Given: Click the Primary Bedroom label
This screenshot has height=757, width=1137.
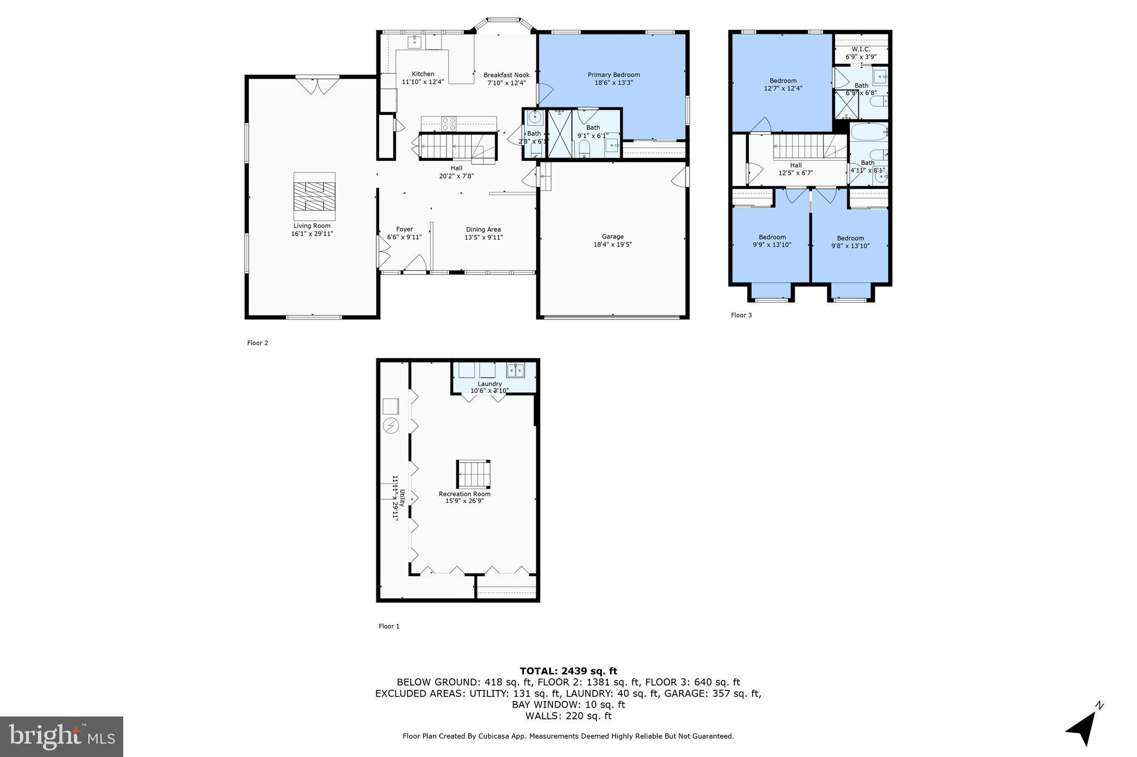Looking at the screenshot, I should pyautogui.click(x=613, y=75).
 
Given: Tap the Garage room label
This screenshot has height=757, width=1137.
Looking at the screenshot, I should pyautogui.click(x=612, y=236).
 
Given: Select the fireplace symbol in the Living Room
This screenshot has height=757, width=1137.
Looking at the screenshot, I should pyautogui.click(x=314, y=196).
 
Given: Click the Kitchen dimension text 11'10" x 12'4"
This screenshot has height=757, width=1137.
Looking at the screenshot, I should pyautogui.click(x=422, y=82).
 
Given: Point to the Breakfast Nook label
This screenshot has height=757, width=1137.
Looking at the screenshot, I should pyautogui.click(x=506, y=75).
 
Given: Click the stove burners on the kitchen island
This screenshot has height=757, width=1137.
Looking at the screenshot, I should pyautogui.click(x=449, y=124).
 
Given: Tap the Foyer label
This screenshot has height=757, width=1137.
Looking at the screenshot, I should pyautogui.click(x=404, y=229).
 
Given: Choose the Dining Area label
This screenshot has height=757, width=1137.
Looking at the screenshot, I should pyautogui.click(x=483, y=229).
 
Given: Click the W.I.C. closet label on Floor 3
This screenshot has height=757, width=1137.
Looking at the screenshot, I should pyautogui.click(x=861, y=49).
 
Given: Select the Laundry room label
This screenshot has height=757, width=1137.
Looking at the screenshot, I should pyautogui.click(x=490, y=384).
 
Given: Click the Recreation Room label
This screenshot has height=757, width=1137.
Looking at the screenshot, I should pyautogui.click(x=465, y=494).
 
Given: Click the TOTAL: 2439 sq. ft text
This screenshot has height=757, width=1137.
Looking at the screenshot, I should pyautogui.click(x=568, y=671).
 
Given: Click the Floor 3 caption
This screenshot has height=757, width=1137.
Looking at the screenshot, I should pyautogui.click(x=741, y=315).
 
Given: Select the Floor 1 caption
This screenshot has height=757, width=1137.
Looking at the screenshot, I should pyautogui.click(x=389, y=626).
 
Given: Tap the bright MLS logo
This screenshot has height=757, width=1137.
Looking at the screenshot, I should pyautogui.click(x=62, y=736).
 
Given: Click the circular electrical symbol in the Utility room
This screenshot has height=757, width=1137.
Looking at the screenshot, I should pyautogui.click(x=391, y=425).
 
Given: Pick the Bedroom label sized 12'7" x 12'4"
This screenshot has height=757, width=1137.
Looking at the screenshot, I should pyautogui.click(x=783, y=80).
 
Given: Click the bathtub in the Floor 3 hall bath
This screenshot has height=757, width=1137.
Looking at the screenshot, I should pyautogui.click(x=868, y=133).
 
